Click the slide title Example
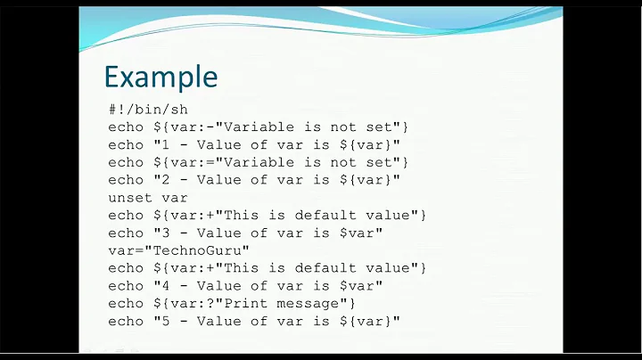160,77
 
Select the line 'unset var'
148,197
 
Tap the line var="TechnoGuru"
179,250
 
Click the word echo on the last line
126,321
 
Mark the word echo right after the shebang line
126,127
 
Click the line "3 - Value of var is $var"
245,233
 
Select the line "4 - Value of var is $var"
245,285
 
